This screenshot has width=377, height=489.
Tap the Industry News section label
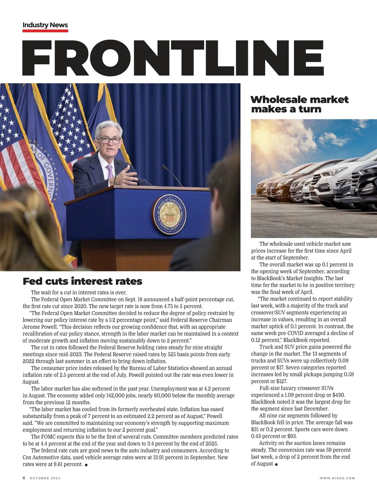tap(45, 25)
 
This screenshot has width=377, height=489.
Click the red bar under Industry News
tap(45, 31)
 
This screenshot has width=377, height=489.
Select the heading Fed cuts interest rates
tap(82, 281)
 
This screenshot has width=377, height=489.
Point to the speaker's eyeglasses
tap(108, 140)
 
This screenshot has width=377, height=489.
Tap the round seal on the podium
tap(170, 215)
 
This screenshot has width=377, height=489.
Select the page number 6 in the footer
tap(24, 478)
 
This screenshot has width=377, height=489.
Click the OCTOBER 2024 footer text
tap(45, 478)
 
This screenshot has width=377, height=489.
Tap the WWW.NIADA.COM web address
tap(337, 478)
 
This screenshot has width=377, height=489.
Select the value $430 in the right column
tap(338, 395)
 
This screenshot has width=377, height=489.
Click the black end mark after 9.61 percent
tap(86, 465)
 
